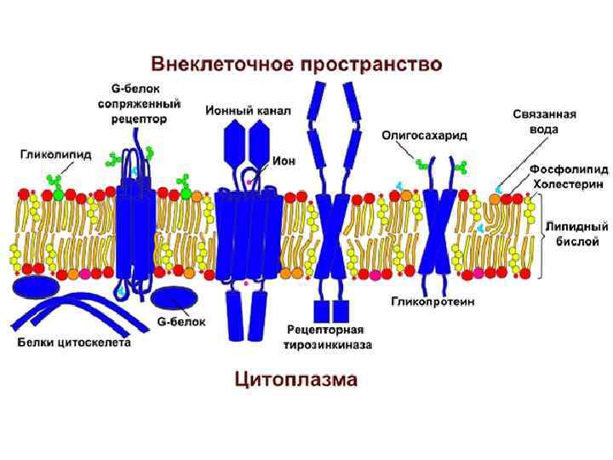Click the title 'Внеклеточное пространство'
296,64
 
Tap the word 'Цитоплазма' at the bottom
296,379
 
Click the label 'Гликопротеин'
433,302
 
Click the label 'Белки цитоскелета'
74,343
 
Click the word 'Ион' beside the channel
284,160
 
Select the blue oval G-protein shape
175,297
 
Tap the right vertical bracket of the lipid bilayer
542,236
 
